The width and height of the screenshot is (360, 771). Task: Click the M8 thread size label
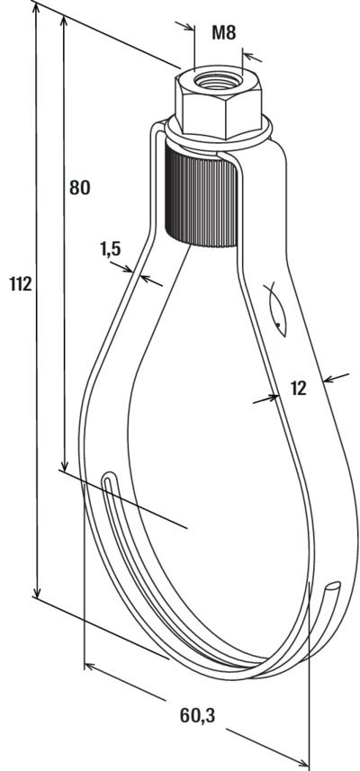224,33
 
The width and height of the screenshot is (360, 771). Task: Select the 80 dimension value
80,187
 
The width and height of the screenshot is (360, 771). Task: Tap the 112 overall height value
21,283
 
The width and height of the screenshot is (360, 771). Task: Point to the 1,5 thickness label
111,250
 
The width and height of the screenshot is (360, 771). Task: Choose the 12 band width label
298,389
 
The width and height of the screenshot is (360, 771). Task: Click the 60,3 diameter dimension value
197,715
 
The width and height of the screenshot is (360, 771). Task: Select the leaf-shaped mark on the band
276,310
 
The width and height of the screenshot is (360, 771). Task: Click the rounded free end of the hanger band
335,586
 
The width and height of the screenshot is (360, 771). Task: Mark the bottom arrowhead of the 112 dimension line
37,591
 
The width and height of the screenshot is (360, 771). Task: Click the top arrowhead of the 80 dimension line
63,22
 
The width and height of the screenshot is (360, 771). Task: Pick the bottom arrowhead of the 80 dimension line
63,463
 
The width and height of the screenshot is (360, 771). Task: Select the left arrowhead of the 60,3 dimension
91,667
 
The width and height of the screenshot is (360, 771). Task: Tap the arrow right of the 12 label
336,378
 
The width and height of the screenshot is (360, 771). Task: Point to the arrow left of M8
185,25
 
